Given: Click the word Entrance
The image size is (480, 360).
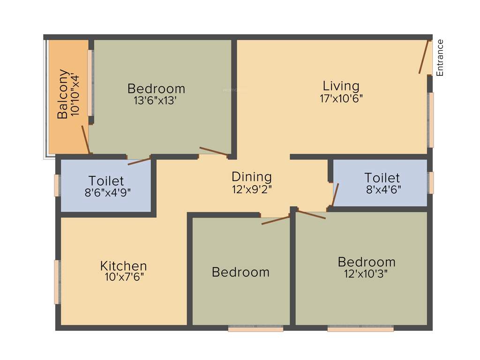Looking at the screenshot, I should coord(440,58).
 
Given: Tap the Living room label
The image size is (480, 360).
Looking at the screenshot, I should coord(341,86).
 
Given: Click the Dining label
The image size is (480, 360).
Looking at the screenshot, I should coord(252,177).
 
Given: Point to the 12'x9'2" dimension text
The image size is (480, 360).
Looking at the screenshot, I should coord(252,189).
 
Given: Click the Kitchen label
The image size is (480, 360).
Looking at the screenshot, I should coord(124,266).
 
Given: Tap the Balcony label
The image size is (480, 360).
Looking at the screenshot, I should coord(63,94).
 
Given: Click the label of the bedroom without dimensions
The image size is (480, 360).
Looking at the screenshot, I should coord(240,272).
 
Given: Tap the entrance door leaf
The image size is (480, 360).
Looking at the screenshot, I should coord(425,57).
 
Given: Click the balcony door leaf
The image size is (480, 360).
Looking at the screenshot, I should coord(85,139).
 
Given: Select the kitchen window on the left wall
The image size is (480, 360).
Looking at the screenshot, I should coord(57,282).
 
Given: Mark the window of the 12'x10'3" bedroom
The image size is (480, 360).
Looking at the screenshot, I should coord(360,329).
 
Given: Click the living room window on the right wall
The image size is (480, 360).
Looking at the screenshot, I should coord(431,120).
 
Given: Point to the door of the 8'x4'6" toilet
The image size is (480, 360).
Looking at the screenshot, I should coord(335,194).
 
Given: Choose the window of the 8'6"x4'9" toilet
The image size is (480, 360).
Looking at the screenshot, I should coord(57,185).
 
